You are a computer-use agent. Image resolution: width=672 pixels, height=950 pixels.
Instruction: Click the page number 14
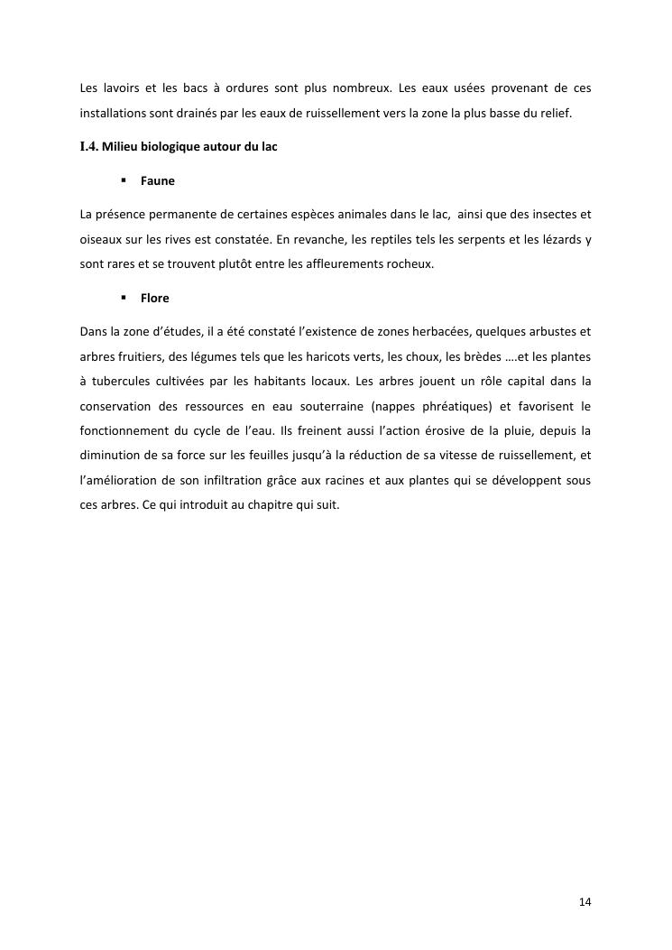tap(585, 902)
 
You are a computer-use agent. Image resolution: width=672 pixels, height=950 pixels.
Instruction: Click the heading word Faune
tap(158, 181)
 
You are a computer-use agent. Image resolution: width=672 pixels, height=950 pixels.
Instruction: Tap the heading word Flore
tap(155, 299)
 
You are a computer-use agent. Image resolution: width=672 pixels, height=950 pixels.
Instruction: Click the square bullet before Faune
tap(123, 181)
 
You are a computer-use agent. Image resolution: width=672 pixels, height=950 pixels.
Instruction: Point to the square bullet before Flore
tap(123, 299)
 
